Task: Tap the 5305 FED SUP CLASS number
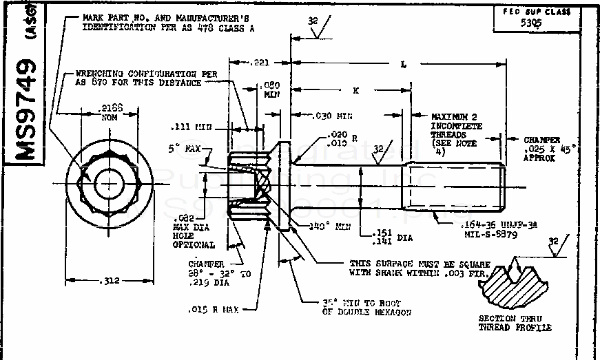click(531, 21)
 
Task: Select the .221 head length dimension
click(260, 63)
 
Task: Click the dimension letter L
click(403, 63)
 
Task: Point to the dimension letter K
click(355, 89)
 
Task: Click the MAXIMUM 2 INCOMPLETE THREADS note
click(457, 131)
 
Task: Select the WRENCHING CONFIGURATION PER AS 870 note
click(138, 77)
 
